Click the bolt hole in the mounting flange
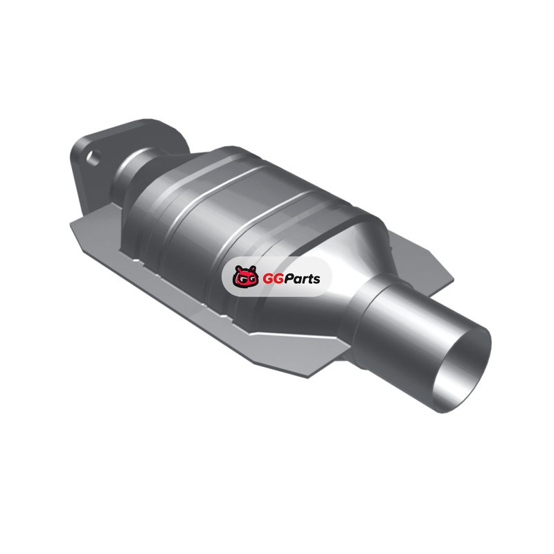point(93,158)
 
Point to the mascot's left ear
point(238,269)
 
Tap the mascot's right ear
point(253,269)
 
